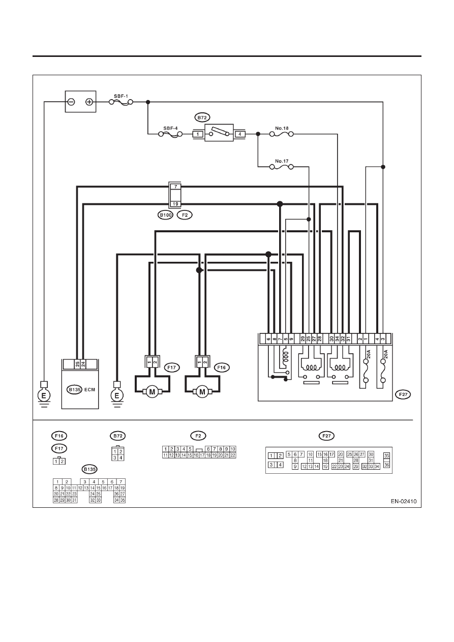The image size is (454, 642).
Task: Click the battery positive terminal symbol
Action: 89,102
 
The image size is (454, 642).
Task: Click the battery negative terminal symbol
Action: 71,102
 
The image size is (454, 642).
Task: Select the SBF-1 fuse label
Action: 121,96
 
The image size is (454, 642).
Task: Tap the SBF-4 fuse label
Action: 170,129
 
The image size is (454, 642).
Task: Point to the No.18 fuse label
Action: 282,129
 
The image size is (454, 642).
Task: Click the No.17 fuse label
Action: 282,161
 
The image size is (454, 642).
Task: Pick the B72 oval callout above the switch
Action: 202,117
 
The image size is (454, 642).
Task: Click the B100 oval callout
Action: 165,215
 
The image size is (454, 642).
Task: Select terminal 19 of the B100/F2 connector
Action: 176,204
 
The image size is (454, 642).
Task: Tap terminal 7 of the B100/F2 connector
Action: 176,187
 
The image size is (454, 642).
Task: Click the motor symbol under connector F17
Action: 152,392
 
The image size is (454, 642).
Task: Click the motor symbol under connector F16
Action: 202,392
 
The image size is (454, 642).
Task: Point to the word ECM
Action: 89,389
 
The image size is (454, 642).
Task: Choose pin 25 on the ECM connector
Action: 77,364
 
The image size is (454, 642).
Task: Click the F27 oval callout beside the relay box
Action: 403,394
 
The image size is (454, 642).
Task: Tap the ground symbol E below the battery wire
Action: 44,396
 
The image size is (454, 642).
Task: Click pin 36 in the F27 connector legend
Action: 387,465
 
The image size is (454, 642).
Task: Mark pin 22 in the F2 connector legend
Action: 233,455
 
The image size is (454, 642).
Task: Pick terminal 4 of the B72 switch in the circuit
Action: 240,134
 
